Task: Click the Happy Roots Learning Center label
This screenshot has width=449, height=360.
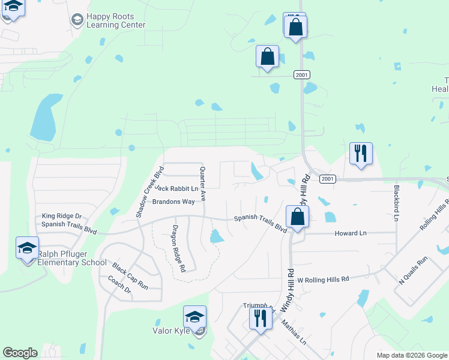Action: tap(116, 21)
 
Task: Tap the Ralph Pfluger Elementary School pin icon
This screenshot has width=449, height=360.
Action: tap(28, 248)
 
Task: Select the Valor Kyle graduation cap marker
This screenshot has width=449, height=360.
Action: tap(194, 317)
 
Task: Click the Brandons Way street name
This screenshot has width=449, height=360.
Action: tap(173, 202)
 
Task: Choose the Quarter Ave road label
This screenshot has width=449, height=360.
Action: tap(203, 183)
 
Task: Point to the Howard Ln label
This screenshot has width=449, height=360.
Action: tap(351, 233)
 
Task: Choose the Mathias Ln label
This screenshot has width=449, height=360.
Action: tap(295, 332)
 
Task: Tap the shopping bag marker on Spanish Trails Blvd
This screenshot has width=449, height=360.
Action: tap(297, 217)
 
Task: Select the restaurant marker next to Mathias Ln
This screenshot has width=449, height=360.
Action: tap(260, 317)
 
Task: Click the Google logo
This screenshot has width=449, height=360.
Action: tap(20, 353)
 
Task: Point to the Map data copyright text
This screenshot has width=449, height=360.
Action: tap(412, 355)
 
